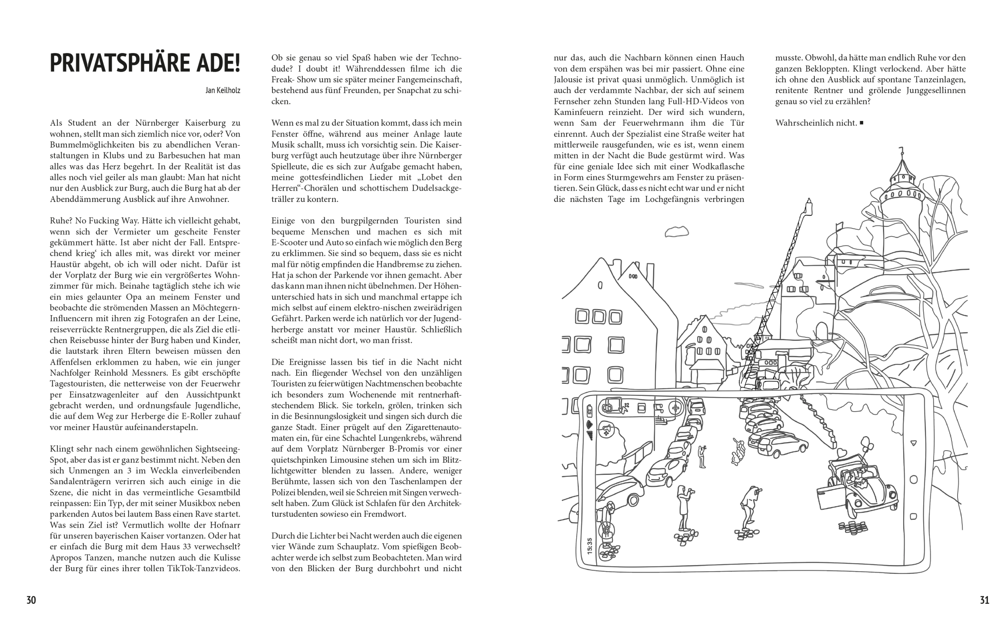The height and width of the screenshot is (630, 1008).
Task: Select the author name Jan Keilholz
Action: [x=223, y=90]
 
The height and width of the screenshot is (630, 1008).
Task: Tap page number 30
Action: [x=31, y=600]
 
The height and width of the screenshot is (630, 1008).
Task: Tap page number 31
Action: [x=984, y=600]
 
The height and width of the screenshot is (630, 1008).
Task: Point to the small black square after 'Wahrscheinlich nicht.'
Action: [x=861, y=123]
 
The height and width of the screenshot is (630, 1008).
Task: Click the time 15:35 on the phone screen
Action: [x=589, y=546]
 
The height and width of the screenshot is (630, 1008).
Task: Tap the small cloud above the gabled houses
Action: [x=676, y=232]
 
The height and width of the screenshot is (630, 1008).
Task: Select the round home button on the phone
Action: [x=914, y=480]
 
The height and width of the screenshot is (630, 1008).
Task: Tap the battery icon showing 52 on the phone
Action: [x=589, y=410]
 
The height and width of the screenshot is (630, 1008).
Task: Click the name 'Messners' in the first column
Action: [x=211, y=373]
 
